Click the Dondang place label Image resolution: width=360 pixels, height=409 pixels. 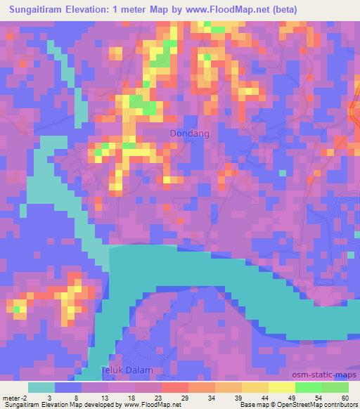[190, 133]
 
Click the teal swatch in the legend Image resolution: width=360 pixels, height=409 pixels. [41, 387]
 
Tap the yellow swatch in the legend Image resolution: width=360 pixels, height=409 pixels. [282, 387]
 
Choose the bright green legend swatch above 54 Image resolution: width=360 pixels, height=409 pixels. [309, 387]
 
